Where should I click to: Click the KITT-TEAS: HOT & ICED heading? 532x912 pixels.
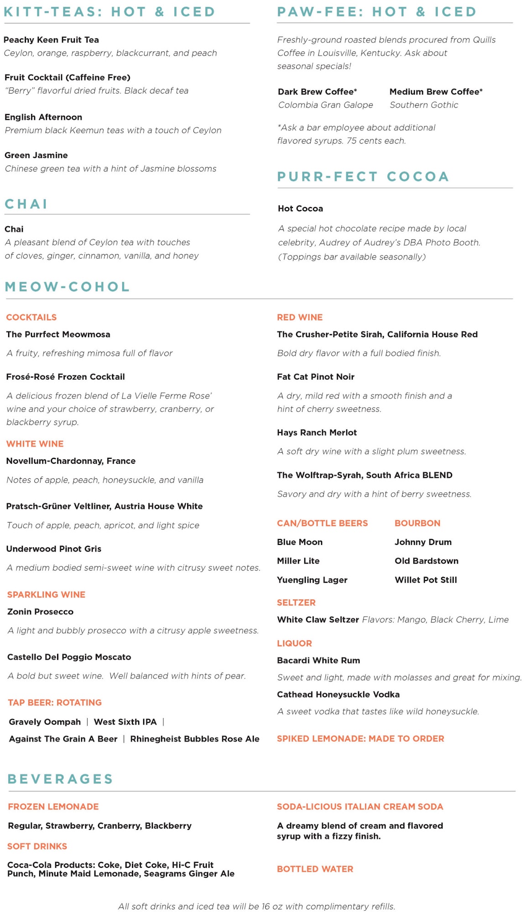click(x=110, y=11)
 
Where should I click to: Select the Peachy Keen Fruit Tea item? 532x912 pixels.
click(x=51, y=40)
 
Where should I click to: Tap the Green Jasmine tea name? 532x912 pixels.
click(x=36, y=155)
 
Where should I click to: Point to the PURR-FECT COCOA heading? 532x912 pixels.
click(x=363, y=176)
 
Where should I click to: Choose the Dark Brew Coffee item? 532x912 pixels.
click(x=317, y=92)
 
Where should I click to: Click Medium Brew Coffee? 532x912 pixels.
click(x=436, y=92)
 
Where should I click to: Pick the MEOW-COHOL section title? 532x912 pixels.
click(x=68, y=286)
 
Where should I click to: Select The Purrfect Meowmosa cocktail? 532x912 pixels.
click(x=58, y=334)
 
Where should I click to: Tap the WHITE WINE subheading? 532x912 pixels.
click(x=35, y=444)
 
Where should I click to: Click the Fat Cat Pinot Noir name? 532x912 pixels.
click(x=315, y=377)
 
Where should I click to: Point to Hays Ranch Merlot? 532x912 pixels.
click(x=317, y=432)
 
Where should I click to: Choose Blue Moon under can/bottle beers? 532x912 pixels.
click(x=299, y=542)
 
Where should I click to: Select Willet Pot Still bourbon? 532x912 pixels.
click(x=425, y=580)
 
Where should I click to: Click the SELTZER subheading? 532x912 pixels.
click(x=296, y=602)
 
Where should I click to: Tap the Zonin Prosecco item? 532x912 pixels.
click(x=40, y=611)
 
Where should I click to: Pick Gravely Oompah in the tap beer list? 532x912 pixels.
click(x=45, y=722)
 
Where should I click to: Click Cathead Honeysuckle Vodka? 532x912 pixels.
click(x=338, y=694)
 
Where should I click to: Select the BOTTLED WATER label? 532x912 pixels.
click(x=315, y=869)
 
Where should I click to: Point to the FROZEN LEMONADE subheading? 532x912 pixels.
click(x=53, y=807)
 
